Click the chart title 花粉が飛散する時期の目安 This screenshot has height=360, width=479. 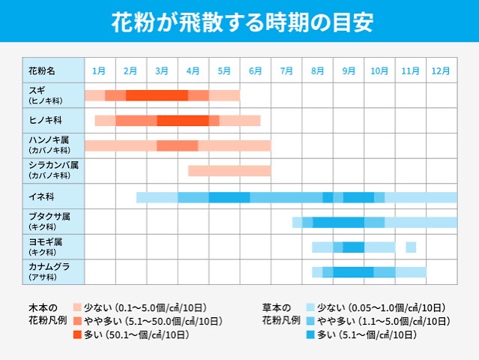(239, 22)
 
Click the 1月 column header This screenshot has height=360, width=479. (99, 71)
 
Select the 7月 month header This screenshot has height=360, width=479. (286, 71)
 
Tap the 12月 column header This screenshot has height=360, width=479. (441, 71)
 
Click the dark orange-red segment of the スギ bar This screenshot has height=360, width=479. (157, 95)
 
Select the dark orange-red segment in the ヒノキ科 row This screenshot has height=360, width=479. (182, 121)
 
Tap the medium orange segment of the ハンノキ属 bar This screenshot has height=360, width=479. (177, 145)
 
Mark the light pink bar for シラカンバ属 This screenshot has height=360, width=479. (229, 171)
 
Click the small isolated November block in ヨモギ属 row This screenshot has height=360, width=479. (411, 247)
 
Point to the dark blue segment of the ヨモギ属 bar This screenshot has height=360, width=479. (354, 247)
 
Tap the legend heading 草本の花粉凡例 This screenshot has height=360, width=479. (281, 313)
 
